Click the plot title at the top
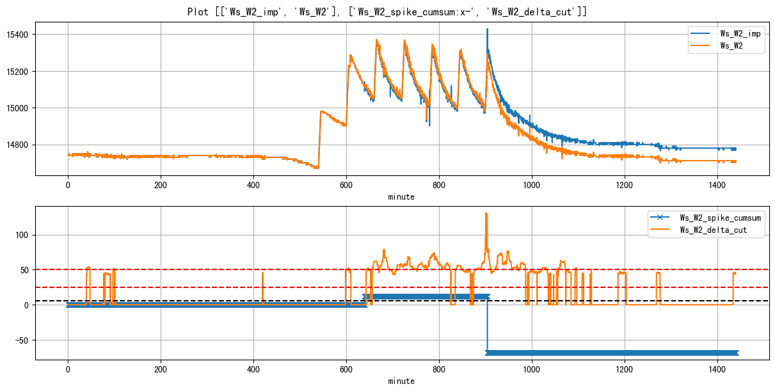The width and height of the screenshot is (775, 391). coord(387,12)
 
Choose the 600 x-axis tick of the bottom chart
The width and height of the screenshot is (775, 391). coord(346,370)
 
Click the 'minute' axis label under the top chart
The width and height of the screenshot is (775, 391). coord(401,197)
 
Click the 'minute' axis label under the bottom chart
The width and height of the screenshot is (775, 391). coord(401,381)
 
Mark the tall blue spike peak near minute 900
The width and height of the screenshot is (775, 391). coord(487,29)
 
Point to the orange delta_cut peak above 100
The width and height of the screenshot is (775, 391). coord(486,213)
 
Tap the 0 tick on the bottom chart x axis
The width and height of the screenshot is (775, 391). coord(68,370)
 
